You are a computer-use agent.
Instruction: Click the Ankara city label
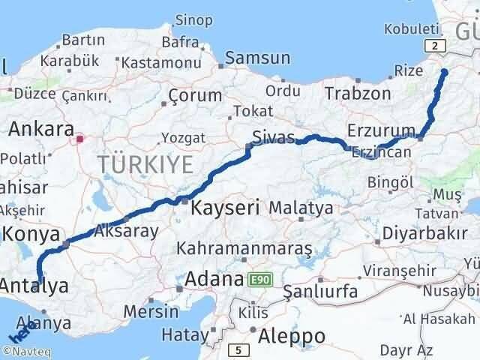pyautogui.click(x=41, y=128)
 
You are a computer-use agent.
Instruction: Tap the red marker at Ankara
pyautogui.click(x=80, y=138)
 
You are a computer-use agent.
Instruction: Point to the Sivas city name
pyautogui.click(x=272, y=138)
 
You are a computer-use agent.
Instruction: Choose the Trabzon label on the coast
pyautogui.click(x=358, y=94)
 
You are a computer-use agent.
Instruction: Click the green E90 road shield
pyautogui.click(x=259, y=280)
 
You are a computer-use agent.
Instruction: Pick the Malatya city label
pyautogui.click(x=300, y=206)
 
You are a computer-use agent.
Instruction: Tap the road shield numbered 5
pyautogui.click(x=238, y=349)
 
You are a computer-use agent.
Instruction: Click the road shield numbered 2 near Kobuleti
pyautogui.click(x=439, y=46)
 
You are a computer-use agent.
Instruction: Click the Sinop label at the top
pyautogui.click(x=192, y=19)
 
